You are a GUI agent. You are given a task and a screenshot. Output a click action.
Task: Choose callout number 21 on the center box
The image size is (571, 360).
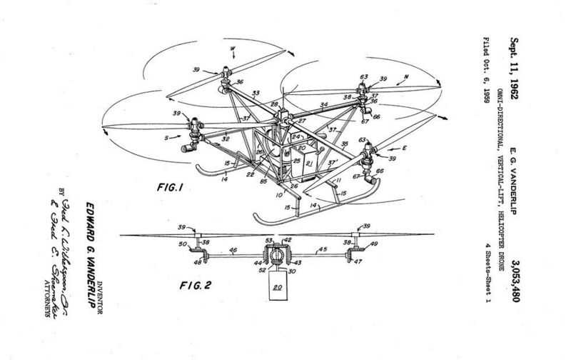click(x=309, y=164)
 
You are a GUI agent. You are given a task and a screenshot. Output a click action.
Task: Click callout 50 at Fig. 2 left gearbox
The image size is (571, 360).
click(x=183, y=245)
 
